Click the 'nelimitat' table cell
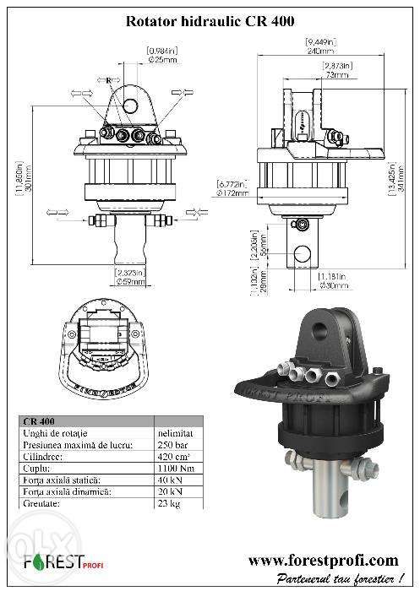coord(172,433)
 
